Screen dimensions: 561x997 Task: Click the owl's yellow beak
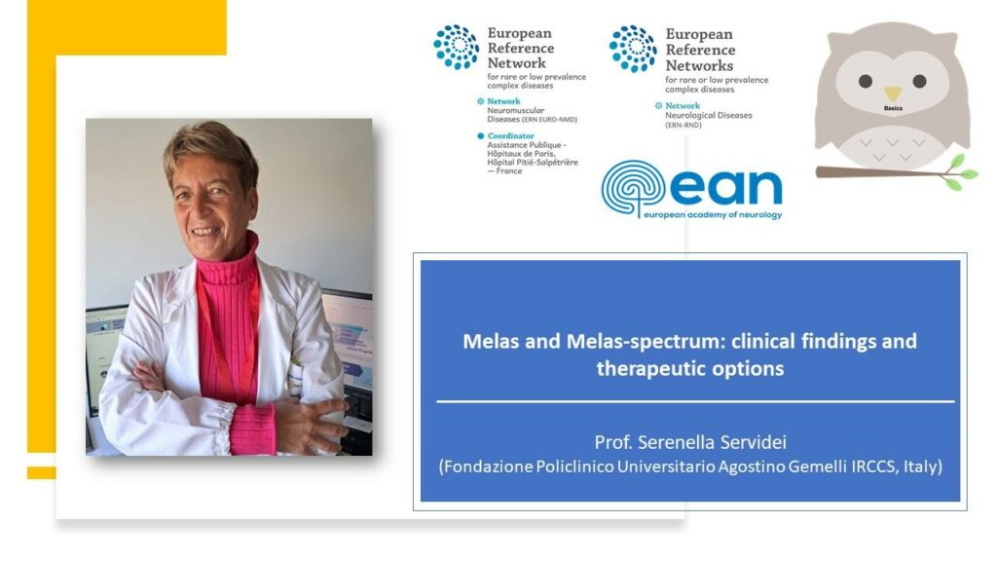coord(893,93)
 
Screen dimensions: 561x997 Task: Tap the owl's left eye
coord(867,81)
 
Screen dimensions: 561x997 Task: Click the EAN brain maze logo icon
coord(633,186)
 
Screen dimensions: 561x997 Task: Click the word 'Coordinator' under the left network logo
coord(509,135)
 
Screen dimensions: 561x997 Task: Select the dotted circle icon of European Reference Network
coord(456,47)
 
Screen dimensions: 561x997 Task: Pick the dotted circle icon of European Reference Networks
coord(633,47)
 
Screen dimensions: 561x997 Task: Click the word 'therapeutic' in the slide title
coord(651,369)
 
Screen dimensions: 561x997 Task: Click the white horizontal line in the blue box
coord(694,401)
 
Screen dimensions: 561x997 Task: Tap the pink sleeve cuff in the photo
coord(254,430)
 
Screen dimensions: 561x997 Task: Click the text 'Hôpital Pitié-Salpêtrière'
coord(532,163)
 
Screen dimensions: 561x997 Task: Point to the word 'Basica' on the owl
coord(893,109)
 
